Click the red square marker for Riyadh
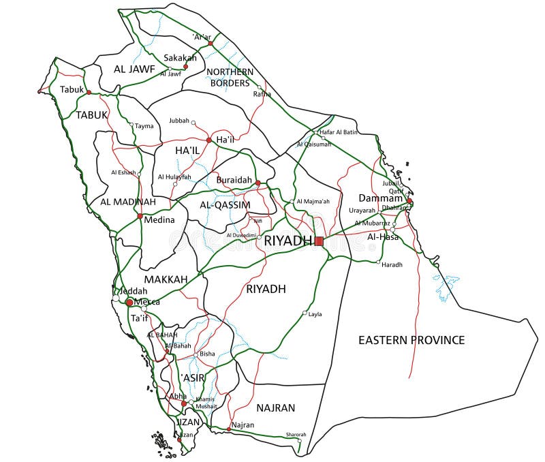click(319, 241)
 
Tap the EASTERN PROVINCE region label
click(411, 340)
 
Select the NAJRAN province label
click(276, 408)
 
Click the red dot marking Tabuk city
click(89, 92)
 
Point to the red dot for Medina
click(140, 216)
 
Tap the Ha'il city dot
click(208, 140)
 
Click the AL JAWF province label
click(134, 69)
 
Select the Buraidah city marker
click(258, 183)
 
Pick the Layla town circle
click(305, 313)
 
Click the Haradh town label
click(392, 264)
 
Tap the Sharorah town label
click(296, 434)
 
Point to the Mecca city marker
click(129, 302)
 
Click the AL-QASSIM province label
click(225, 204)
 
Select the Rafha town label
click(262, 94)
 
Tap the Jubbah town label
click(178, 121)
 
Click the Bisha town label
click(207, 354)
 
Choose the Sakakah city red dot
click(185, 67)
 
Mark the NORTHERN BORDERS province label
click(230, 77)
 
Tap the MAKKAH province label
click(166, 279)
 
